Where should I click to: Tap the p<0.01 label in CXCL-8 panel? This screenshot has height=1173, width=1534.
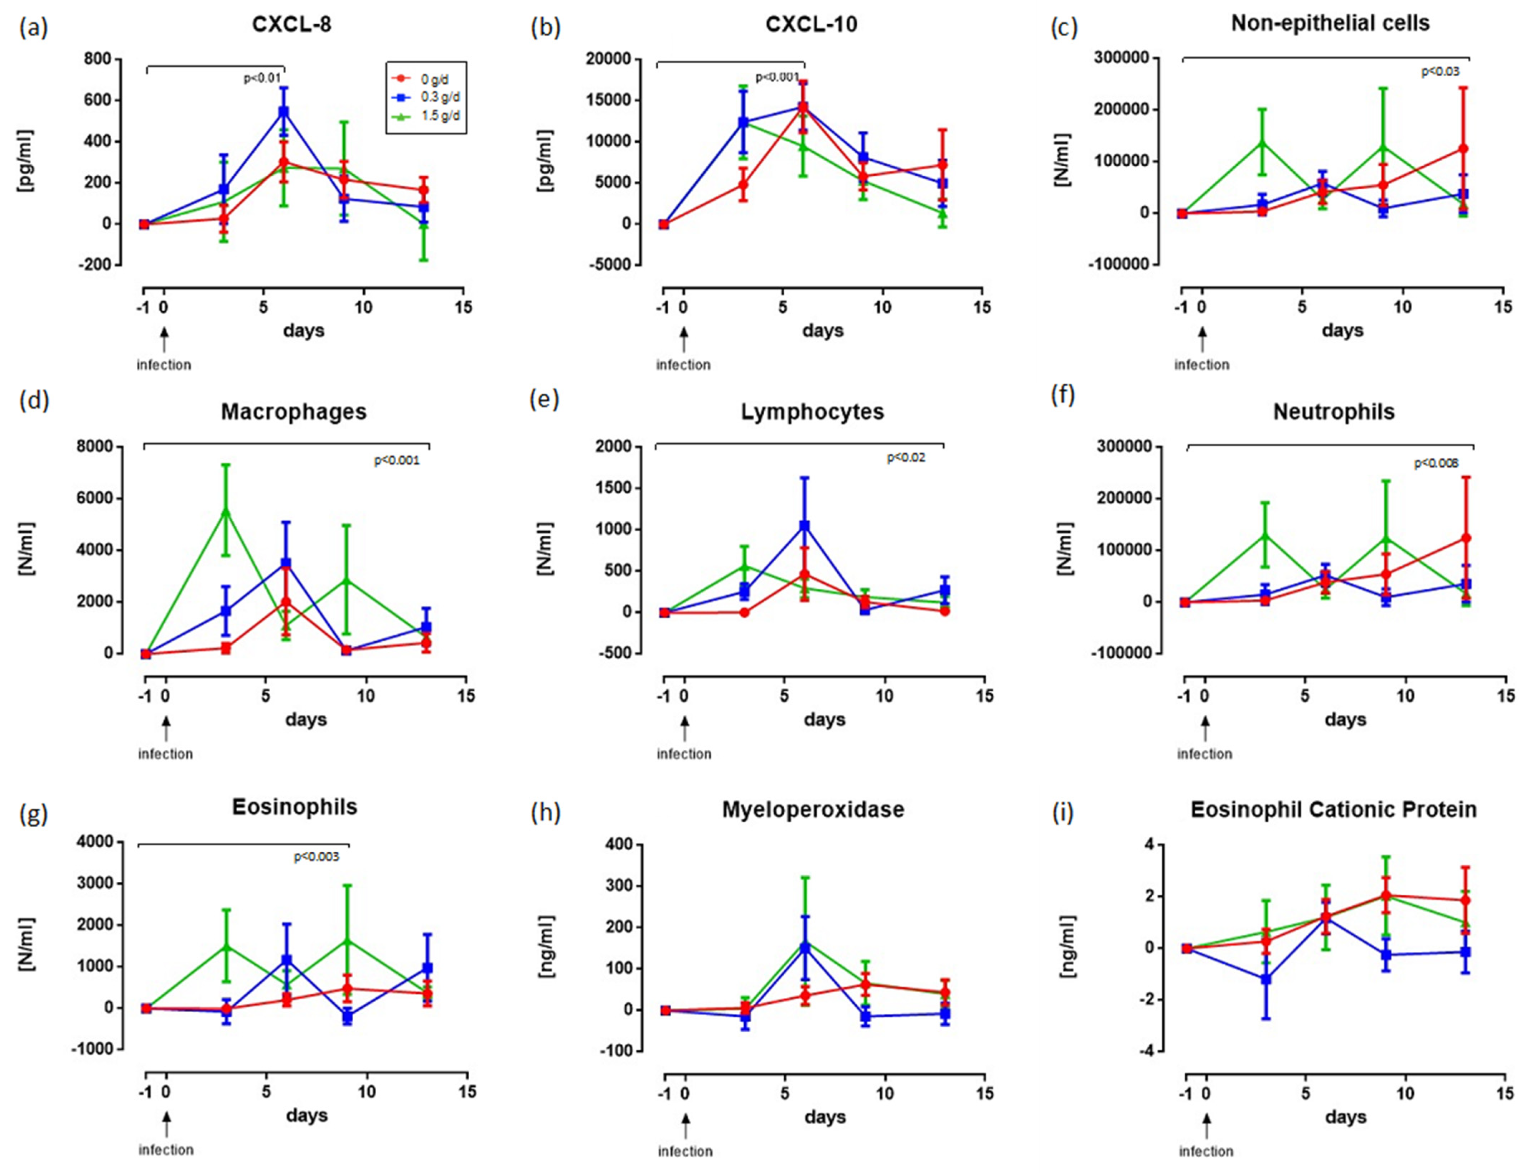(262, 78)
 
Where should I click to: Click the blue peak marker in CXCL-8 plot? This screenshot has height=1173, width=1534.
(284, 111)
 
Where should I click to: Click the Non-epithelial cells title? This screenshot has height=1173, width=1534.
(1330, 23)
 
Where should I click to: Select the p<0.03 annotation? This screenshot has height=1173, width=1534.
(1440, 71)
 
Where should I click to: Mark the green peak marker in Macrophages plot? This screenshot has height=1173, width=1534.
(226, 512)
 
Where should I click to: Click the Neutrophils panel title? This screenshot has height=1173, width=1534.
(1334, 412)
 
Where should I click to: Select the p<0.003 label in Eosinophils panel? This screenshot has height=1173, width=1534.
(316, 857)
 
